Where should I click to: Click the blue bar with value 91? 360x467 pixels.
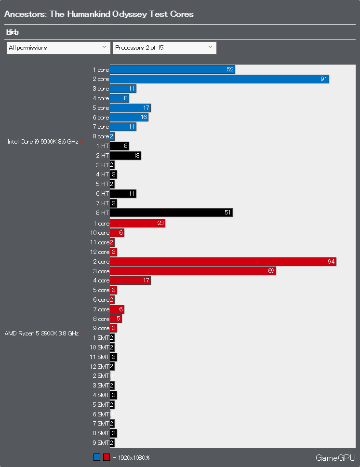click(x=219, y=79)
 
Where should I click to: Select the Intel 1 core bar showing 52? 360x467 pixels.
click(x=172, y=69)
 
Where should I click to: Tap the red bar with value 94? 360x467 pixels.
click(x=223, y=262)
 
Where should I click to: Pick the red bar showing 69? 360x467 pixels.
click(x=193, y=271)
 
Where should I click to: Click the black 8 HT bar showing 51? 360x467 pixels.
click(x=171, y=213)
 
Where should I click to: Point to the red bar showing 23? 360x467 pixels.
click(x=137, y=223)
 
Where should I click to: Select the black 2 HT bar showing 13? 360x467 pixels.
click(x=125, y=156)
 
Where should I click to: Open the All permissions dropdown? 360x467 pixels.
click(x=58, y=48)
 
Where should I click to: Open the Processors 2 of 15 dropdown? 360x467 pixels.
click(x=164, y=48)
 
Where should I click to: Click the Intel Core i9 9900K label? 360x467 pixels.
click(x=42, y=142)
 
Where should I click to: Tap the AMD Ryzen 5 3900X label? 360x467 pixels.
click(x=41, y=333)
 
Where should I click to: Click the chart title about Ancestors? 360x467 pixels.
click(x=99, y=14)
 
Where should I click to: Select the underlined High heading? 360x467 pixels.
click(x=13, y=32)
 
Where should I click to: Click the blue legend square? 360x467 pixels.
click(x=97, y=457)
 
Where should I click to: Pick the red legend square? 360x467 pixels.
click(x=107, y=457)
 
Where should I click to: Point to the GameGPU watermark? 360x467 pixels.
click(x=335, y=457)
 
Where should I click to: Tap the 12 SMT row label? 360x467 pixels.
click(x=99, y=366)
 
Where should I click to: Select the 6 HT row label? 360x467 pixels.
click(x=102, y=194)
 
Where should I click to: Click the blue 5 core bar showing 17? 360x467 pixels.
click(x=130, y=108)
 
